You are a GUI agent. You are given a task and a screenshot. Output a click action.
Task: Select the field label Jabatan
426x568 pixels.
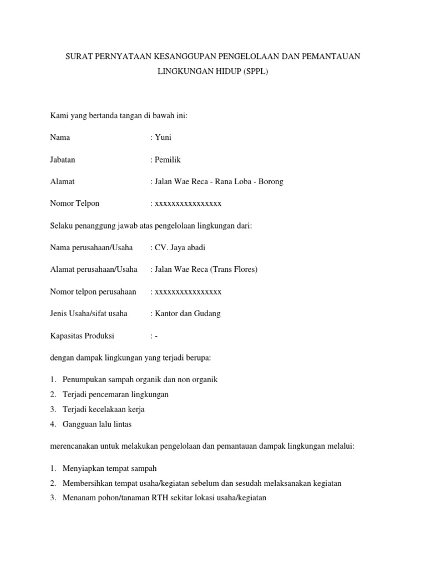point(63,160)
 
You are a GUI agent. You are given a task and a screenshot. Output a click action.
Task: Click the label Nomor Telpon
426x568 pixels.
point(75,204)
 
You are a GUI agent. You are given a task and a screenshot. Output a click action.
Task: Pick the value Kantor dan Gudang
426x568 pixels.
point(187,313)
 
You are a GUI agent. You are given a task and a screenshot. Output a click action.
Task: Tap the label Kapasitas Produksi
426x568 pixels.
point(82,336)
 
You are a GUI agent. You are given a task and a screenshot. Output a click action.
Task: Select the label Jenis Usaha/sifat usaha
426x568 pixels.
point(89,313)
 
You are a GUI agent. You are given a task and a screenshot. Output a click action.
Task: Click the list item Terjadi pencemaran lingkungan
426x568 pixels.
point(114,394)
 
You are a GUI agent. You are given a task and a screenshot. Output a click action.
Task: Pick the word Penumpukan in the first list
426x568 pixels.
point(82,379)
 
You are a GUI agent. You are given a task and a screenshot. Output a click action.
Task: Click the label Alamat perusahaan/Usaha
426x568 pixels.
point(94,270)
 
